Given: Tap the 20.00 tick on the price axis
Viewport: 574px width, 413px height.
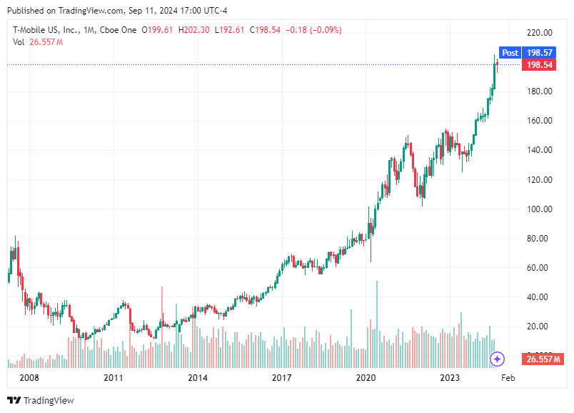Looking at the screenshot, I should pos(538,327).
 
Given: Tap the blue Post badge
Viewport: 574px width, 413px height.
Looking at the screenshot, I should pos(510,53).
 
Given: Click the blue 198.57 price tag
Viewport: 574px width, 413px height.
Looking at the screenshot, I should pos(539,53).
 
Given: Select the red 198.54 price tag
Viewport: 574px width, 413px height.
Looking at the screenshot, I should pos(539,65).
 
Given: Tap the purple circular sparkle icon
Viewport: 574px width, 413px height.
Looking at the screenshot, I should pos(498,359).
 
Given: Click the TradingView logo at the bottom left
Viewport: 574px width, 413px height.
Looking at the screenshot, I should pos(41,400).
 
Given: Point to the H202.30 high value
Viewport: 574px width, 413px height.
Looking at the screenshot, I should pos(196,30).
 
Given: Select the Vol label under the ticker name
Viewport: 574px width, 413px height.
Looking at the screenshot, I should pos(19,42).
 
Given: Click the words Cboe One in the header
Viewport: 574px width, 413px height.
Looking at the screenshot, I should pos(117,30).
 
